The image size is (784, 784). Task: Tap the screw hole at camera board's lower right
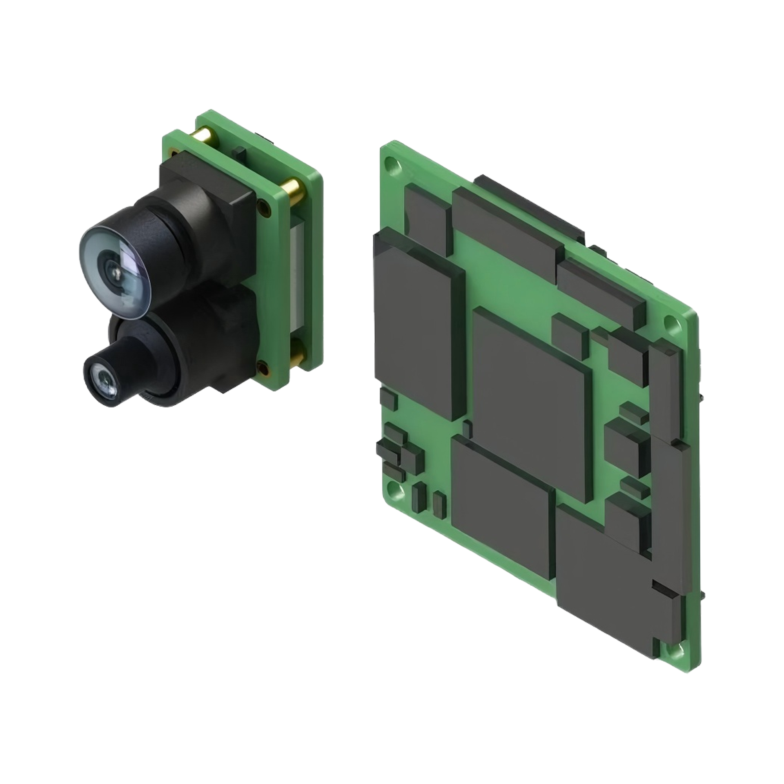tap(264, 369)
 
